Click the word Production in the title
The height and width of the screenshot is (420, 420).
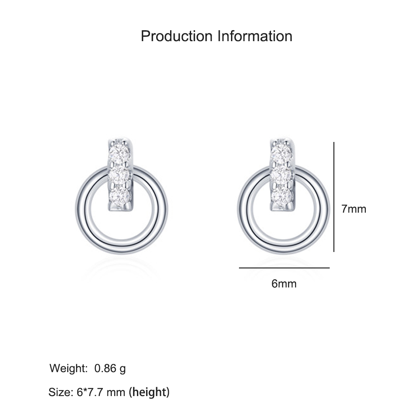pyautogui.click(x=176, y=36)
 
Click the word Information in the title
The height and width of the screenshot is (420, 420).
pyautogui.click(x=255, y=36)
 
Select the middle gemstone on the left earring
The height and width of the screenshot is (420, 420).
pyautogui.click(x=119, y=175)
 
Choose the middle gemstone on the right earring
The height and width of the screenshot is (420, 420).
pyautogui.click(x=281, y=175)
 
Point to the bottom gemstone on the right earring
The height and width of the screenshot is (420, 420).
pyautogui.click(x=281, y=196)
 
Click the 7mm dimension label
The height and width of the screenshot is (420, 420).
pyautogui.click(x=354, y=209)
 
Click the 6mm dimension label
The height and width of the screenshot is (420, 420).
pyautogui.click(x=284, y=283)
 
